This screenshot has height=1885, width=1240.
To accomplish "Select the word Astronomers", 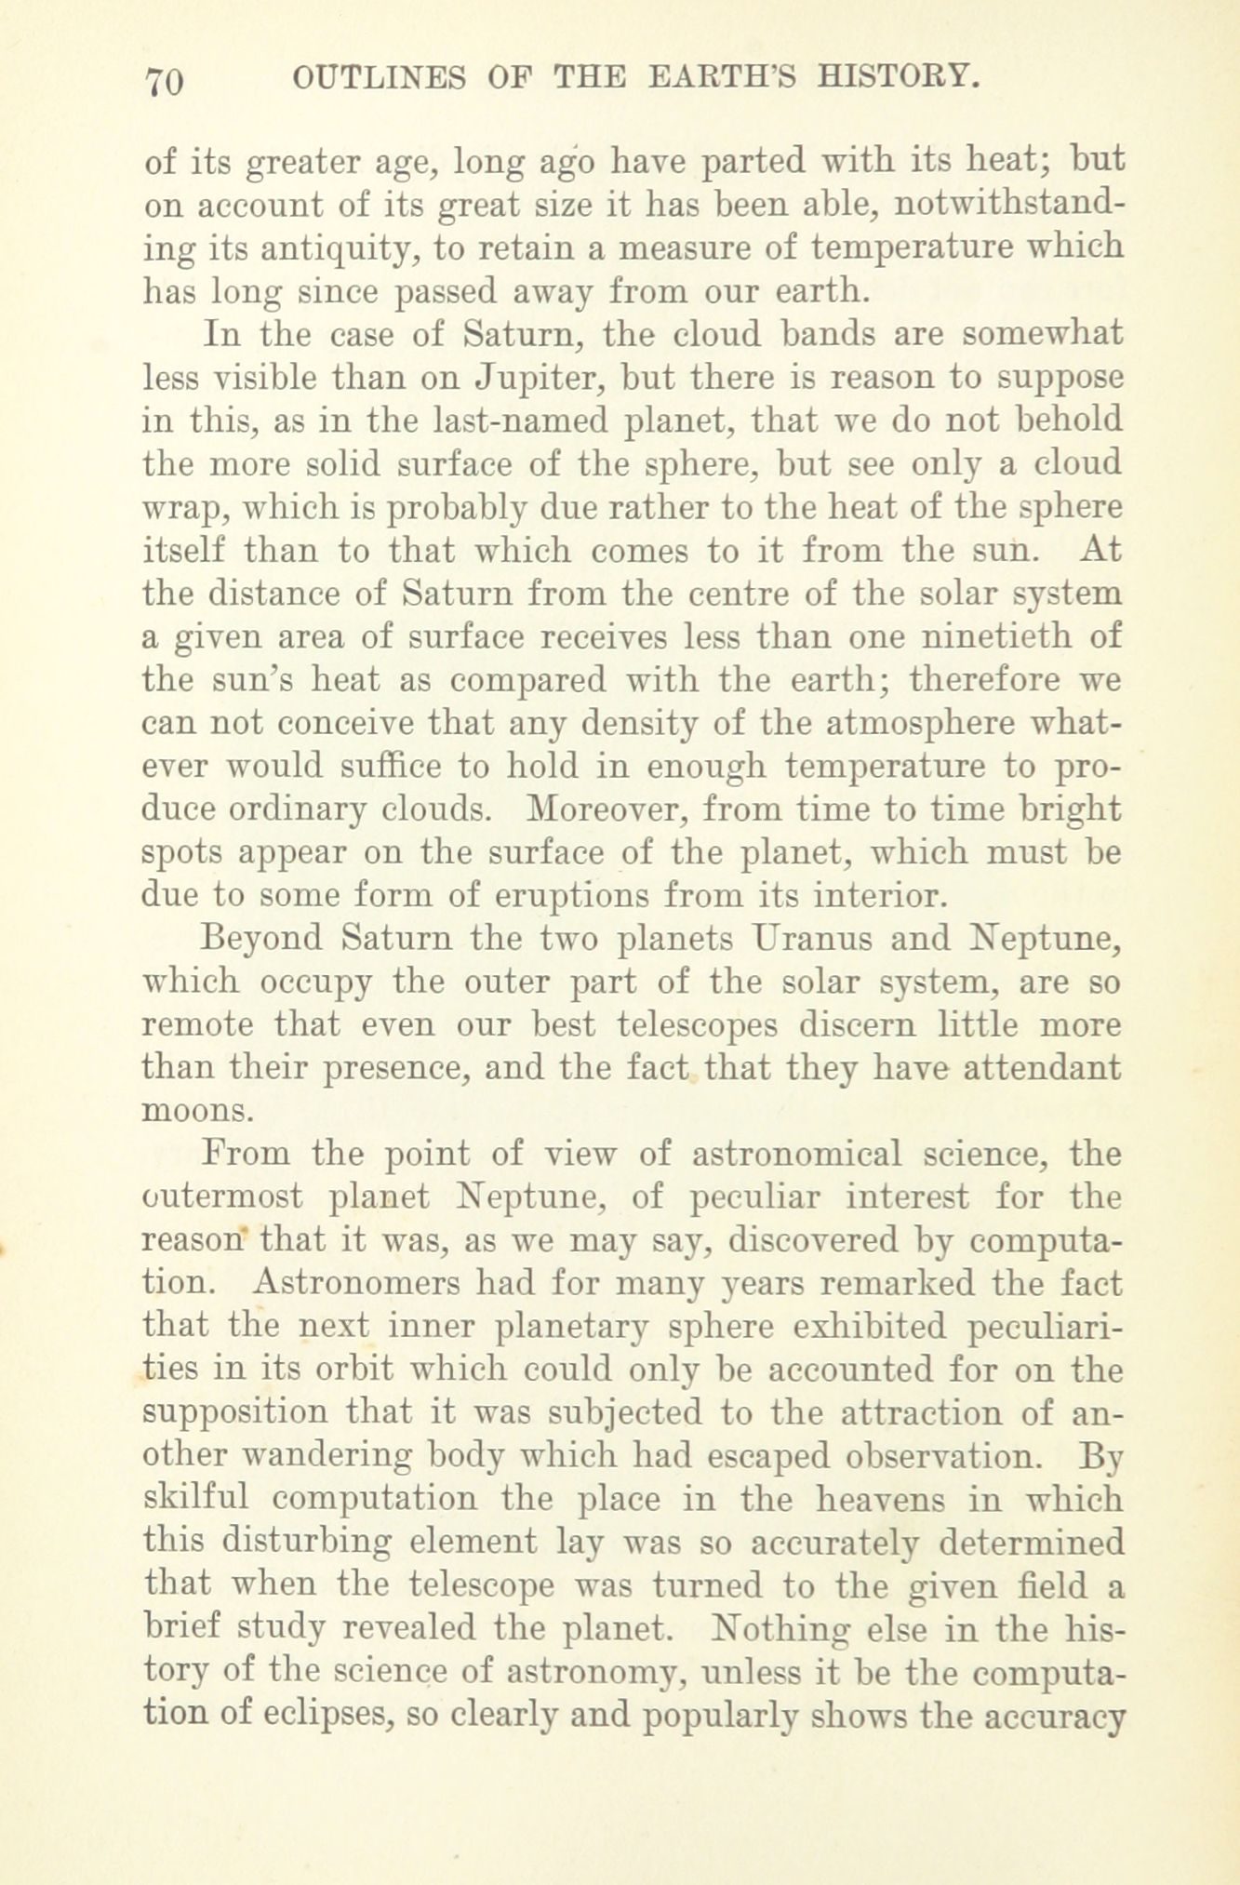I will click(353, 1284).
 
